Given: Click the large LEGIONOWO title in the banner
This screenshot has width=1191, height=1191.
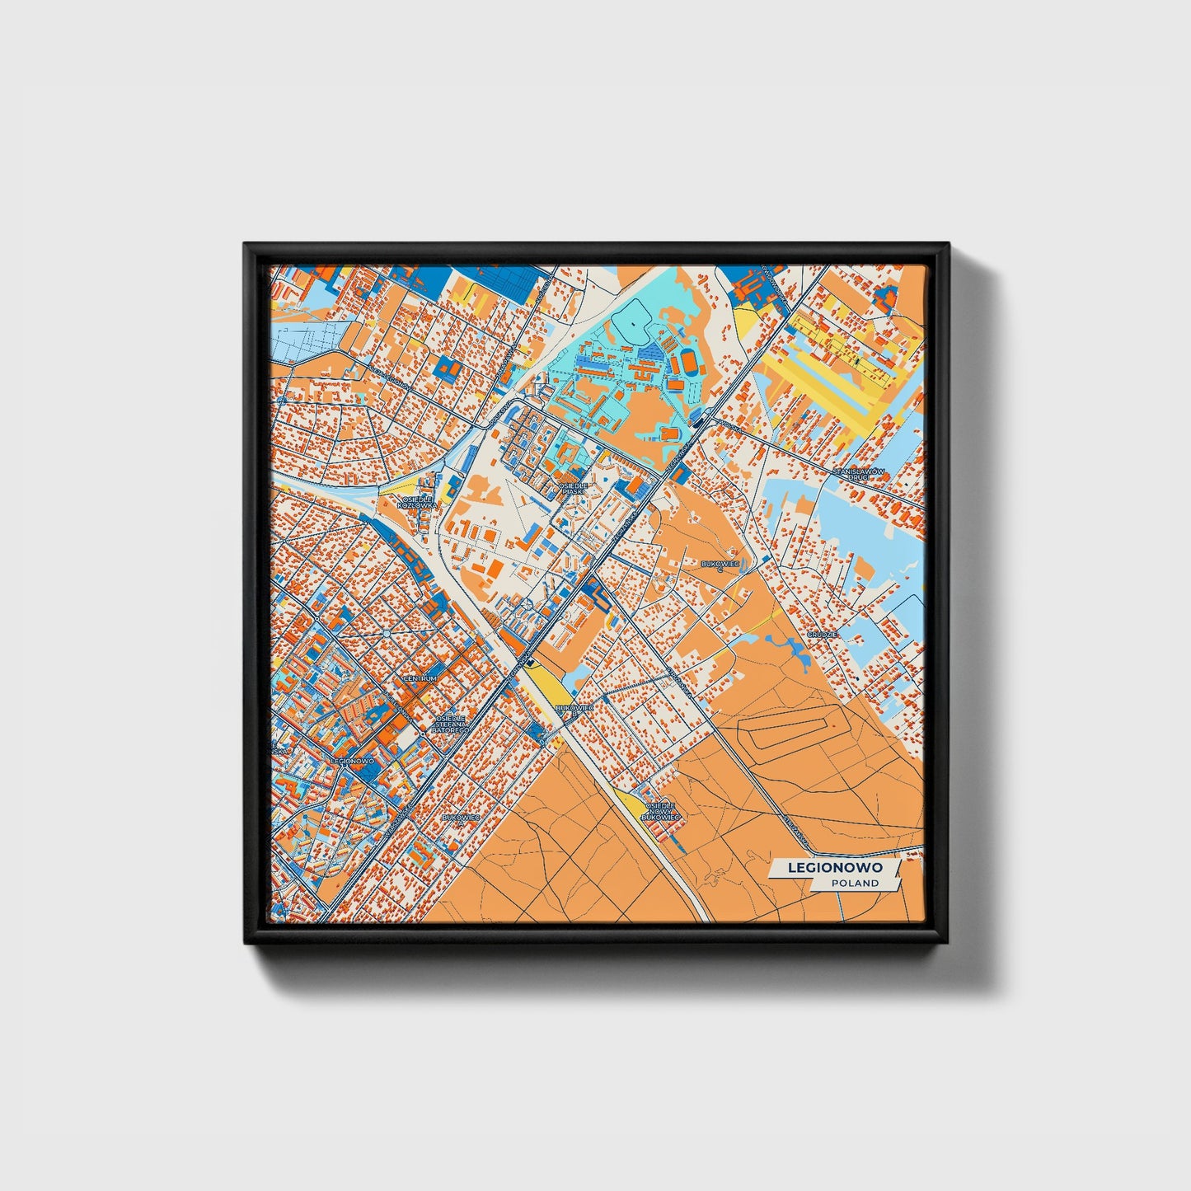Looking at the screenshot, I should click(x=835, y=867).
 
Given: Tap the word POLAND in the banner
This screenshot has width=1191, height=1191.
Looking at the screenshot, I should click(x=855, y=883).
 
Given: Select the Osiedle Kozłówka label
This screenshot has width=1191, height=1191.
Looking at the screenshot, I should click(x=414, y=502).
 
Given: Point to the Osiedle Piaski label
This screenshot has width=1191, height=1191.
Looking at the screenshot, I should click(x=574, y=489).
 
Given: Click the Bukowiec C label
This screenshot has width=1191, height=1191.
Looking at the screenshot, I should click(x=719, y=565).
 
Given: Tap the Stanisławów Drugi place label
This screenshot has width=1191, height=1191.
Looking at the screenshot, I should click(x=858, y=474).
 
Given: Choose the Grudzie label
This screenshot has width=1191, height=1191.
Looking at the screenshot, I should click(x=823, y=635).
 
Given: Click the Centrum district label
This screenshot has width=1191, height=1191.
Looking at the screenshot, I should click(x=420, y=678).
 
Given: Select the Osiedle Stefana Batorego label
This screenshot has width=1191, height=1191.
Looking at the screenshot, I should click(x=450, y=724).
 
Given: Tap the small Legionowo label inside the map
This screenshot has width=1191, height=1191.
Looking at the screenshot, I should click(x=351, y=761).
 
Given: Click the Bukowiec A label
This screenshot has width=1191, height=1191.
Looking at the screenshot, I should click(x=461, y=818).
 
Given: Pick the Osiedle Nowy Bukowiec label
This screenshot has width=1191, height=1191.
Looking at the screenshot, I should click(x=663, y=811).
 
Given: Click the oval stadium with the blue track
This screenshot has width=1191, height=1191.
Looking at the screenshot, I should click(x=688, y=361).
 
